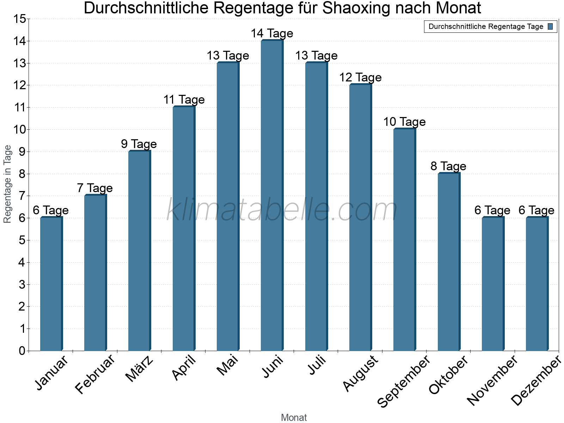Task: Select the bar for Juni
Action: click(272, 196)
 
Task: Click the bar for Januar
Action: click(51, 284)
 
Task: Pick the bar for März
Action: click(139, 251)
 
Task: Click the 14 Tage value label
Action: click(272, 33)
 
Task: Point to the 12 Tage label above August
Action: click(360, 78)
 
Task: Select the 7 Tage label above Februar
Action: click(95, 188)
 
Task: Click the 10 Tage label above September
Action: click(404, 122)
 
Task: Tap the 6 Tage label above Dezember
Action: click(537, 210)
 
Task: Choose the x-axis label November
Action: click(492, 381)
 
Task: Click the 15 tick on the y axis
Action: click(20, 19)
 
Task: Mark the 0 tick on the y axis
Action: click(22, 351)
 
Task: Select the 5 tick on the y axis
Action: click(22, 240)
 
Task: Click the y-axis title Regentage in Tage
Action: click(8, 184)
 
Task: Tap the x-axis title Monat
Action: click(294, 417)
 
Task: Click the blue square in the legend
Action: click(550, 26)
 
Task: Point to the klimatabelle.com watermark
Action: click(282, 210)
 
